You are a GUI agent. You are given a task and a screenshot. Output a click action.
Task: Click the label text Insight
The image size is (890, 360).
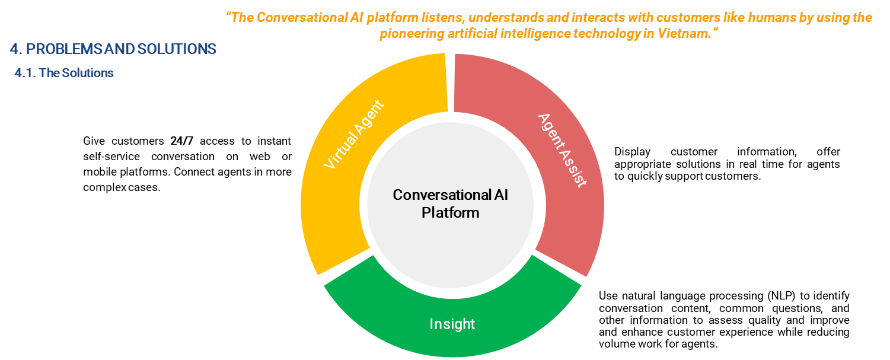click(x=452, y=324)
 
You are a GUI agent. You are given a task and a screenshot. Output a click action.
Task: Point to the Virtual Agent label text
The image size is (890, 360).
click(x=354, y=135)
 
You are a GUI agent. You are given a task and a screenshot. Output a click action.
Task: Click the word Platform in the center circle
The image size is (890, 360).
click(x=451, y=212)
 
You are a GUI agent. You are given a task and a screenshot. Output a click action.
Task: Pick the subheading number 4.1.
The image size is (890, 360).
click(x=25, y=73)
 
